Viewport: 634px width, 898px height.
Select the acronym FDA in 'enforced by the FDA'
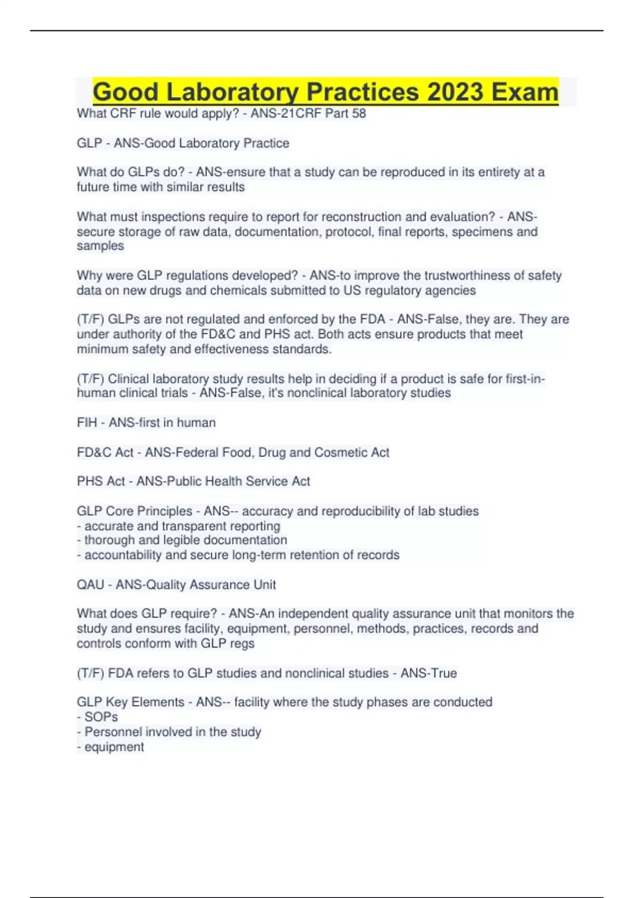(372, 319)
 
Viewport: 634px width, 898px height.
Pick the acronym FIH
(87, 423)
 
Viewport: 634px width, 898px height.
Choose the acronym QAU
(90, 585)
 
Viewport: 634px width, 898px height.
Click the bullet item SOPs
(101, 717)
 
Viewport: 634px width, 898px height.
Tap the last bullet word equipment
(114, 747)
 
